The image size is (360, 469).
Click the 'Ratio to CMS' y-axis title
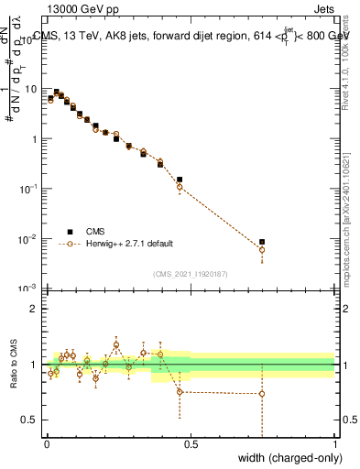point(14,365)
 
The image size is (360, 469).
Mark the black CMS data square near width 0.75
point(262,242)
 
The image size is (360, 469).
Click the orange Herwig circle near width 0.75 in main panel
point(262,250)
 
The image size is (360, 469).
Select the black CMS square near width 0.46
point(180,180)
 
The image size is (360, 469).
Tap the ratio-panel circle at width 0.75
point(262,394)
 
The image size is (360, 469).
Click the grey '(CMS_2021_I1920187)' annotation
point(191,273)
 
